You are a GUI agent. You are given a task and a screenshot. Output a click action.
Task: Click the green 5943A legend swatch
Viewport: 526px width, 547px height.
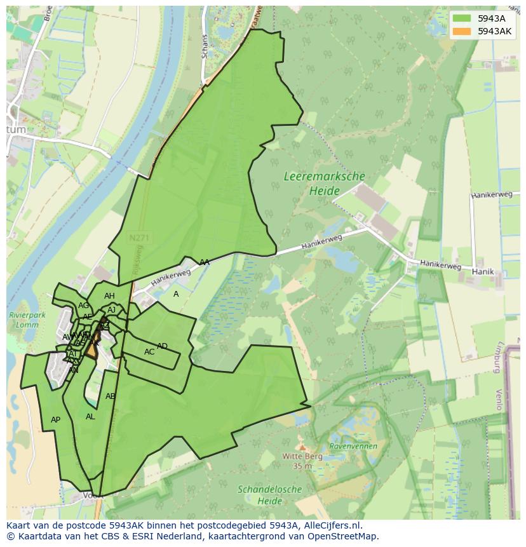462,18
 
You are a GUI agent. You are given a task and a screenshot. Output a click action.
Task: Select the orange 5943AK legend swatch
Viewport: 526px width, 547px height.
462,31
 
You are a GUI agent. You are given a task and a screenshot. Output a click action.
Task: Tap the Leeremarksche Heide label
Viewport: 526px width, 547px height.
324,183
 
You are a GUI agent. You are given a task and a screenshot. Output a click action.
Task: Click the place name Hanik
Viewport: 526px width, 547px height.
483,271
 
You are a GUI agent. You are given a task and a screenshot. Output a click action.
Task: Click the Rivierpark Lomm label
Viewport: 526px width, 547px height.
24,320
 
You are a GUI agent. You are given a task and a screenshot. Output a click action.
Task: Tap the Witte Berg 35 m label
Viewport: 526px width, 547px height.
303,461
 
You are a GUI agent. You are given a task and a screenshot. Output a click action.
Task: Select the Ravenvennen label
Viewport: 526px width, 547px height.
353,446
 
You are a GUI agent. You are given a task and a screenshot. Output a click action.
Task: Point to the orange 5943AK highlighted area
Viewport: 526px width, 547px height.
93,349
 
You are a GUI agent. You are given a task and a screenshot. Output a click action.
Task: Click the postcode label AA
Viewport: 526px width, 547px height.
204,262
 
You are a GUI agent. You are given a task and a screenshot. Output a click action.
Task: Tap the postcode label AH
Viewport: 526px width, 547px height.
109,296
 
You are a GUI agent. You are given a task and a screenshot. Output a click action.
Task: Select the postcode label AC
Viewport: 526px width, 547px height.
149,352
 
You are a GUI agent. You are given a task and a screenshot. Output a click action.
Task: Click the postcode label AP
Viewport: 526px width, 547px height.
55,420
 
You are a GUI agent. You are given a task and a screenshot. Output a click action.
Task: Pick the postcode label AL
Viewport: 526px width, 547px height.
90,417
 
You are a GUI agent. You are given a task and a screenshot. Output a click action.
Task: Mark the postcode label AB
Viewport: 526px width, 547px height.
111,396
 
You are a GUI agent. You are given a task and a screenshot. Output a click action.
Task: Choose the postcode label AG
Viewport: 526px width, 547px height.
83,306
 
